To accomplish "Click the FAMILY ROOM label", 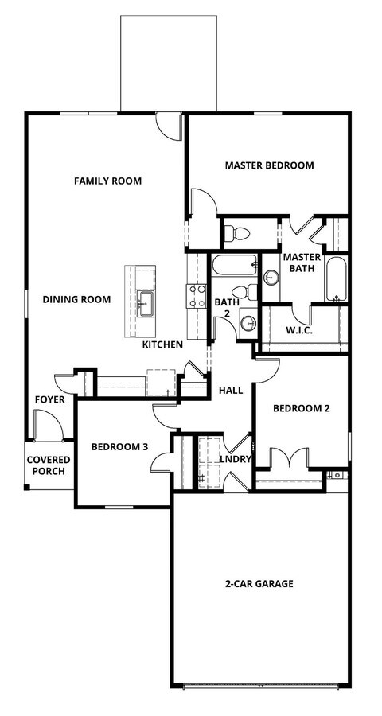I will click(107, 181).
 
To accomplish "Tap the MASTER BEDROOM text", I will click(269, 165).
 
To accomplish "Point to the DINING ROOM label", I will click(76, 299).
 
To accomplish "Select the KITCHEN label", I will click(163, 344).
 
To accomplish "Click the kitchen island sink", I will click(145, 301).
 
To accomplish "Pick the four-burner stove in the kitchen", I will click(196, 296).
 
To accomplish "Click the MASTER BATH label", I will click(302, 263).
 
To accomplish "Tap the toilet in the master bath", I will click(236, 233).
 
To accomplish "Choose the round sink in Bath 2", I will click(248, 323).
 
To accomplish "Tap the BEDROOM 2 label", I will click(301, 409).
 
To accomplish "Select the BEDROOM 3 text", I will click(119, 446).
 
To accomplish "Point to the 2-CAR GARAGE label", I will click(259, 583).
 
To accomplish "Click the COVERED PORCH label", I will click(49, 465).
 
